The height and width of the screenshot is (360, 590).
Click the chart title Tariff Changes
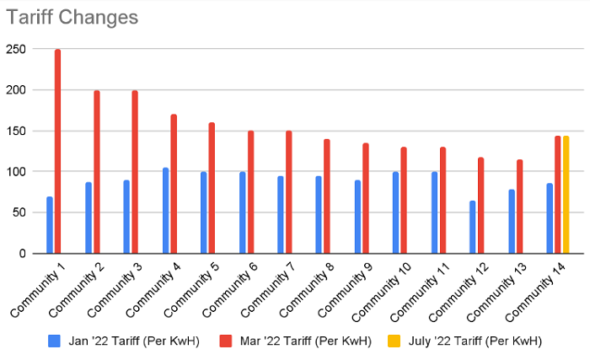(72, 17)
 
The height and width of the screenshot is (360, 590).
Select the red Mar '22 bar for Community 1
(58, 152)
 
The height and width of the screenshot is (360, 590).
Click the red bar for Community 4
(174, 184)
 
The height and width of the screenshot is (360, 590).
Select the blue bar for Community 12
(473, 227)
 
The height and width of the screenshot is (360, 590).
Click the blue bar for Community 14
(550, 218)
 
